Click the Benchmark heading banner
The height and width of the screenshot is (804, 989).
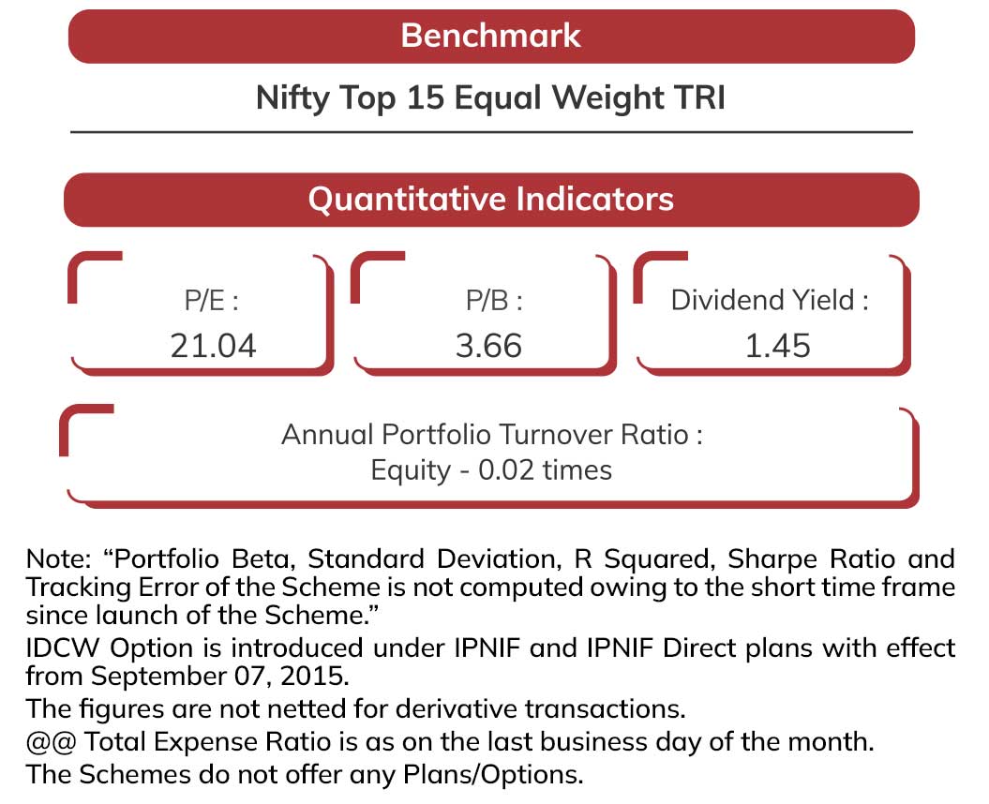tap(491, 36)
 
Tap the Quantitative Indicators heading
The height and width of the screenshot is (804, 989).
tap(491, 200)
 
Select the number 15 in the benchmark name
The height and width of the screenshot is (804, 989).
tap(426, 97)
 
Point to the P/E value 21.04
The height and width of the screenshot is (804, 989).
tap(213, 346)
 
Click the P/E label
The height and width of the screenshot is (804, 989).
tap(212, 301)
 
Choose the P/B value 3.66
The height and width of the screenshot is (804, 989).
tap(488, 346)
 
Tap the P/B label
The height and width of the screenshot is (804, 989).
tap(494, 301)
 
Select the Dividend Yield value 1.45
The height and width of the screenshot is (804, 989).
tap(778, 346)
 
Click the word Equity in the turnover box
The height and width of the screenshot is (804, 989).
tap(411, 471)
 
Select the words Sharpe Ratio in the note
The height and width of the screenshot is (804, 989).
tap(811, 559)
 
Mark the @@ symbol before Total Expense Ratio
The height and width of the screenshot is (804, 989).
tap(51, 742)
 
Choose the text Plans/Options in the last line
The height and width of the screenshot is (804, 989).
tap(492, 775)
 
